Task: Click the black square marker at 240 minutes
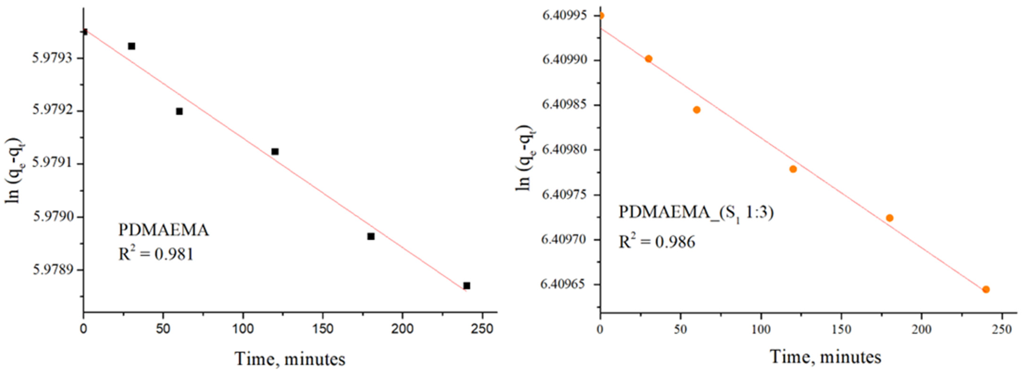467,286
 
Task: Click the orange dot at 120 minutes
793,169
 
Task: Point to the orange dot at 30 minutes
648,59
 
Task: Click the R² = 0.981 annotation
156,253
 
